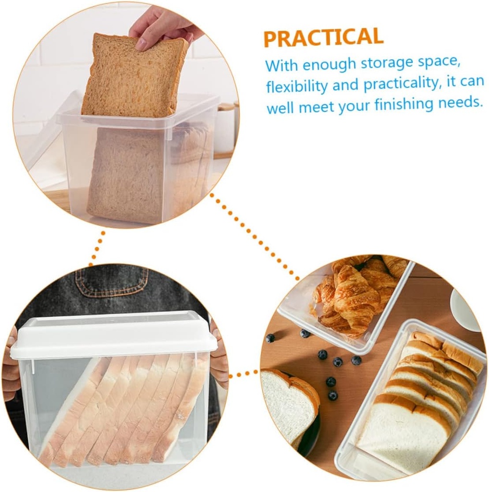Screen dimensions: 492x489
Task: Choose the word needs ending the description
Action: point(463,102)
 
